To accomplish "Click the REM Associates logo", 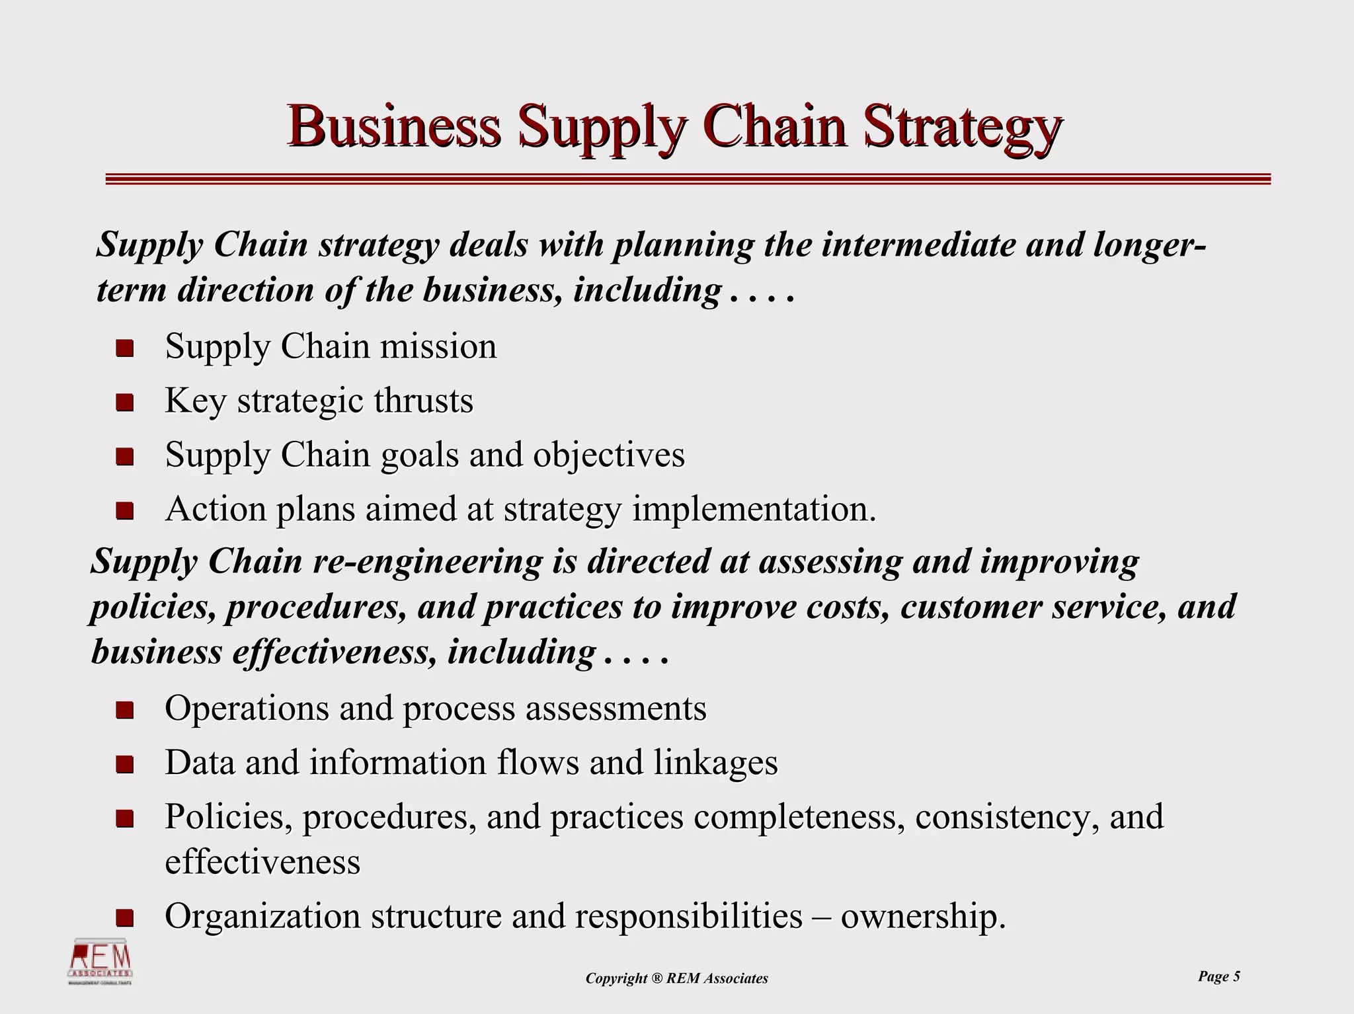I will (101, 961).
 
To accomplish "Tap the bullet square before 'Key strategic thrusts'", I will (124, 402).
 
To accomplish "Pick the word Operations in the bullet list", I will (247, 708).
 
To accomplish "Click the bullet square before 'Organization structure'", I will (124, 917).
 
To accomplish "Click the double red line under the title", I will (688, 179).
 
